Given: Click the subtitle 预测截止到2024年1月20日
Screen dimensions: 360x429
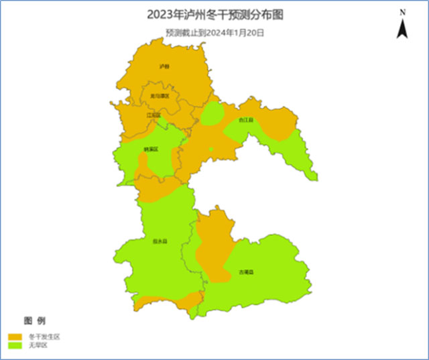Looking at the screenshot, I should coord(215,32).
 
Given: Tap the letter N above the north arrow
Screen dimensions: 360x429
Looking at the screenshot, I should coord(402,13).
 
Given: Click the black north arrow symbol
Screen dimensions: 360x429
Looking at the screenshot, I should coord(402,28).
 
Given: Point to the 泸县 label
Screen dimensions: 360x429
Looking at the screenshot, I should coord(164,67).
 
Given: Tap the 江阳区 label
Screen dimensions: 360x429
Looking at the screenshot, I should coord(154,115).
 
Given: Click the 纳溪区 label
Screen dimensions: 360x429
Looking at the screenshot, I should coord(151,149).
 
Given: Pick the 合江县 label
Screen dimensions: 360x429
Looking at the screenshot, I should coord(246,120).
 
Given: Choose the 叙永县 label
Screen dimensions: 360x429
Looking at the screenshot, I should coord(160,241).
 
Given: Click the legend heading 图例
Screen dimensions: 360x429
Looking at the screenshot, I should coord(35,320).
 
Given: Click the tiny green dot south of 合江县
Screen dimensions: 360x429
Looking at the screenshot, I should coord(211,149).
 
